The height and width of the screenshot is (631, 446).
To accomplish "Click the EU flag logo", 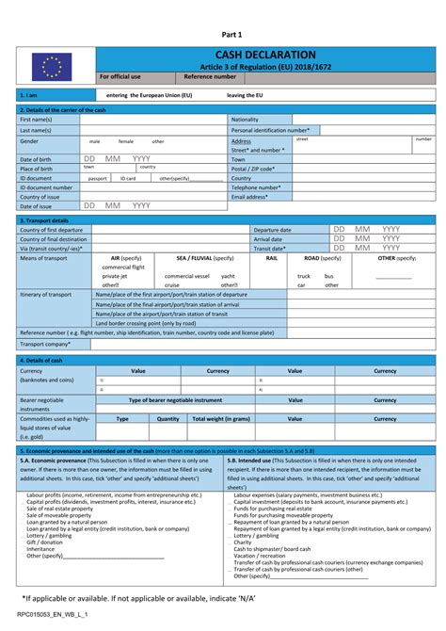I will pyautogui.click(x=52, y=65).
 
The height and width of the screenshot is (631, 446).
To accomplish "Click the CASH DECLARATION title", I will pyautogui.click(x=265, y=56).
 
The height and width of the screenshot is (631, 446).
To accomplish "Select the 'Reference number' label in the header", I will pyautogui.click(x=210, y=76).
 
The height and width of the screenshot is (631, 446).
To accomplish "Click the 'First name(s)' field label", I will pyautogui.click(x=36, y=120).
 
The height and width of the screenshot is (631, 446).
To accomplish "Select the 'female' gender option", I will pyautogui.click(x=126, y=141).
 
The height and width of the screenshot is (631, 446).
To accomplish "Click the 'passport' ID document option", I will pyautogui.click(x=97, y=178).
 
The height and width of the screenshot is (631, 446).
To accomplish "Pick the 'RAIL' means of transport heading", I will pyautogui.click(x=271, y=257).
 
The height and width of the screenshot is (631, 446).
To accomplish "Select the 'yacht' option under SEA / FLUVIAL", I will pyautogui.click(x=228, y=276).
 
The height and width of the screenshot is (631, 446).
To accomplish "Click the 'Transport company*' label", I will pyautogui.click(x=46, y=344).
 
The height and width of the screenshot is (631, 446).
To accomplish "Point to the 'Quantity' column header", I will pyautogui.click(x=167, y=419).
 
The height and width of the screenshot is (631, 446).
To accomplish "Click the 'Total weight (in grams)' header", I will pyautogui.click(x=221, y=419).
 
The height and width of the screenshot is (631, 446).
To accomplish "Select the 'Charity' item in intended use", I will pyautogui.click(x=243, y=542).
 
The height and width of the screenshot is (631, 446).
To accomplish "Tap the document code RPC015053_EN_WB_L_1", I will pyautogui.click(x=53, y=614).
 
